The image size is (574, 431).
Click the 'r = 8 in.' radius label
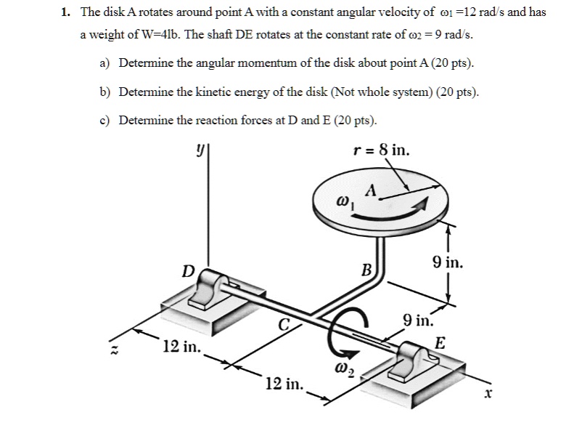tap(380, 151)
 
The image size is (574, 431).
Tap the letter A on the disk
tap(372, 191)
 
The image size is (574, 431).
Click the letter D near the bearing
tap(188, 272)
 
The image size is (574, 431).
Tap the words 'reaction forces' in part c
tap(236, 120)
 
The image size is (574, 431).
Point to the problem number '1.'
tap(65, 13)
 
